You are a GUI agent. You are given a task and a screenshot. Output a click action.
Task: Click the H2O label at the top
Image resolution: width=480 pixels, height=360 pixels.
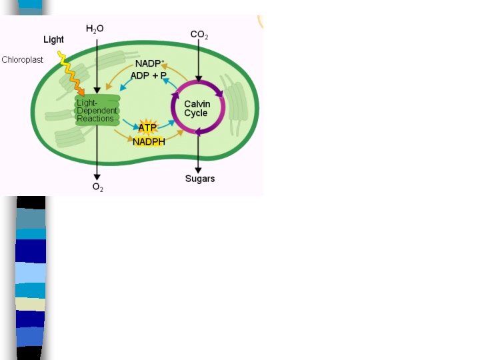click(95, 29)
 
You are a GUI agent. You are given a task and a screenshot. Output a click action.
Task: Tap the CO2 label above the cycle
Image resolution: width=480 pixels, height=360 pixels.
click(199, 35)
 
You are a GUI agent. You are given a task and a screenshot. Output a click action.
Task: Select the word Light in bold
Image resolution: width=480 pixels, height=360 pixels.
click(53, 40)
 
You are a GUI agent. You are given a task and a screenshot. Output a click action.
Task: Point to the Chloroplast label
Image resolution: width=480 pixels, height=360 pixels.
click(22, 60)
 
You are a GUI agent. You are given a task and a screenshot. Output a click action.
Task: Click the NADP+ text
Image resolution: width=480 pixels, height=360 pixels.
click(149, 63)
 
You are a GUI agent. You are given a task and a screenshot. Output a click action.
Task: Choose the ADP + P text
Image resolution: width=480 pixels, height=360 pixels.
click(148, 75)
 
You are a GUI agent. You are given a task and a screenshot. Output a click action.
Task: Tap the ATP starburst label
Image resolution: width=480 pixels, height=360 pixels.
click(147, 127)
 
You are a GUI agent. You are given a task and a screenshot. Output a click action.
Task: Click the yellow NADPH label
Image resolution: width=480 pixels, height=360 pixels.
click(149, 141)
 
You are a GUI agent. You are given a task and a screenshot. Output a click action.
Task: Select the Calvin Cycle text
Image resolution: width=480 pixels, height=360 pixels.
click(197, 109)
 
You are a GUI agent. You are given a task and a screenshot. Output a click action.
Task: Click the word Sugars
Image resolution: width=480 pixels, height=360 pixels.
click(200, 179)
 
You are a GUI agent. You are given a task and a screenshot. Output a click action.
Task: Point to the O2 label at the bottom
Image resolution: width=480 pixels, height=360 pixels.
click(97, 187)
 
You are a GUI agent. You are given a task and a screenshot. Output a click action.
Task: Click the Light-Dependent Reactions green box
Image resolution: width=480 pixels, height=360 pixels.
click(97, 111)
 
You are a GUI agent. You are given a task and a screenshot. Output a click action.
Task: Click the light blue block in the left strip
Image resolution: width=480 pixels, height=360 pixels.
click(31, 273)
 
